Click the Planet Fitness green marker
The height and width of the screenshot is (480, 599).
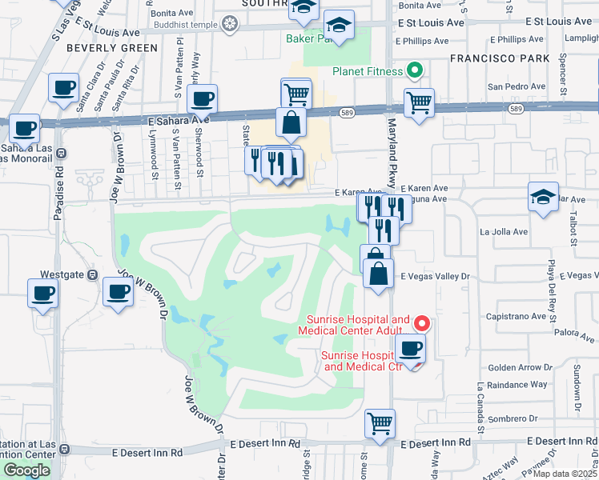[415, 71]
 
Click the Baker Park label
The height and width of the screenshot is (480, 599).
[308, 38]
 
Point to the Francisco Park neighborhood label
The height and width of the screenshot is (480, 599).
[500, 58]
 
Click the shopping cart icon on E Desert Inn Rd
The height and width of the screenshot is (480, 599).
[380, 423]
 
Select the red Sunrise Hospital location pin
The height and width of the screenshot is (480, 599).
[422, 323]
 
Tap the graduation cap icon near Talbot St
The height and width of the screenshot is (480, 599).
[543, 197]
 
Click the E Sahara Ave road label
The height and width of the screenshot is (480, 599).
[178, 119]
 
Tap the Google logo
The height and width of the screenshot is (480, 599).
[26, 470]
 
